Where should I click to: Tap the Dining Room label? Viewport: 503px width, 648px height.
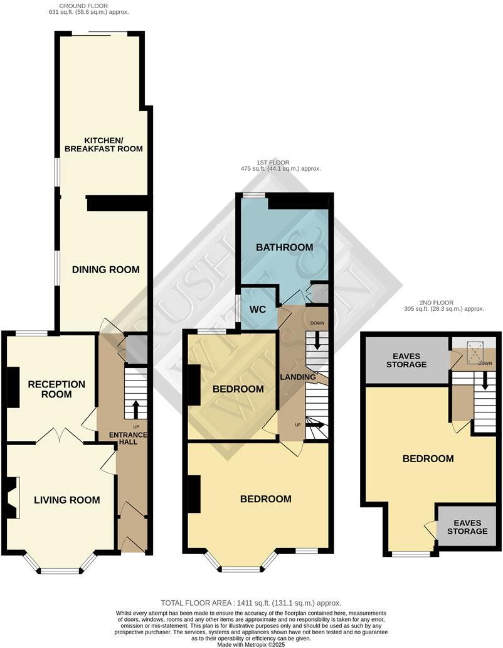click(x=105, y=269)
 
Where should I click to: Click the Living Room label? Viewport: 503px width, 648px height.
click(x=67, y=500)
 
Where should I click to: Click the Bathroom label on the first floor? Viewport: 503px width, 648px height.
click(x=284, y=247)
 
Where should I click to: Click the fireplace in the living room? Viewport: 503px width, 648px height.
click(x=11, y=497)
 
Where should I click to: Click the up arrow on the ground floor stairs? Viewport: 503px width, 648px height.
click(x=135, y=409)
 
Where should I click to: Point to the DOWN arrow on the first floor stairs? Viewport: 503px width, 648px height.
click(x=317, y=340)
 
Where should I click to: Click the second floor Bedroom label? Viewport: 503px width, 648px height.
click(x=428, y=458)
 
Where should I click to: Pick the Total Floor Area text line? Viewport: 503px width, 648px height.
click(x=251, y=603)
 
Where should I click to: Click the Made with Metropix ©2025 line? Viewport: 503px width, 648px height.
click(x=251, y=644)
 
